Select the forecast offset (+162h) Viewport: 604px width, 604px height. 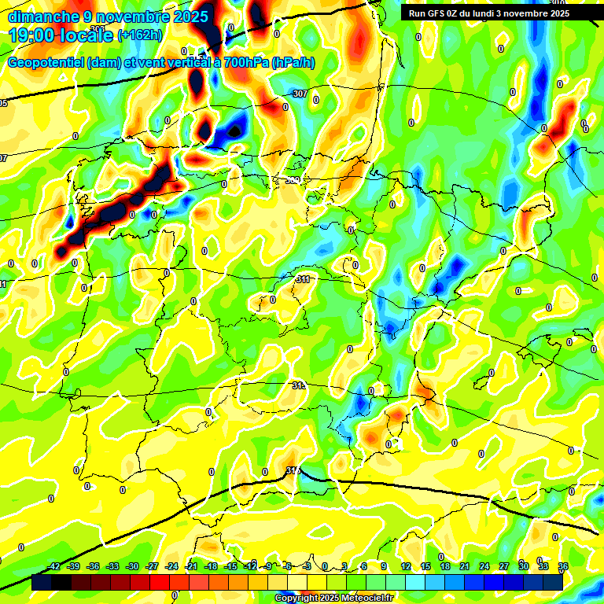[139, 35]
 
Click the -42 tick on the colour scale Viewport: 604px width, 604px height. [53, 566]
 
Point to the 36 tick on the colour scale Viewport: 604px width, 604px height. [562, 566]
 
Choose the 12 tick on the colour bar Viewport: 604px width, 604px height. [405, 566]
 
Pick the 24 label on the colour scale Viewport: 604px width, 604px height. [484, 566]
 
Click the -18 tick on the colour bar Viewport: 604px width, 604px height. [211, 566]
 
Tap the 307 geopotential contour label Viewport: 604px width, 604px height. [300, 94]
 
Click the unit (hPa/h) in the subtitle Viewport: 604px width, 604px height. [293, 63]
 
